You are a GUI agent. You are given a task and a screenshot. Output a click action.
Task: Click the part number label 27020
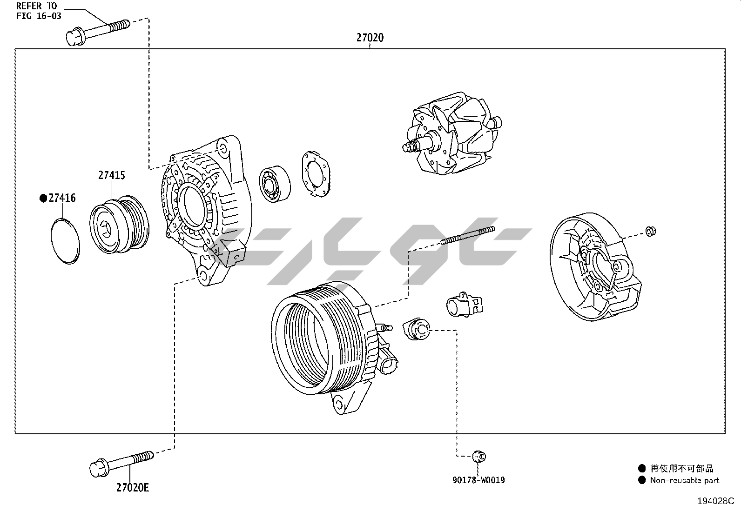pyautogui.click(x=370, y=38)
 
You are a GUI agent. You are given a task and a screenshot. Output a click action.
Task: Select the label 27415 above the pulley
pyautogui.click(x=111, y=175)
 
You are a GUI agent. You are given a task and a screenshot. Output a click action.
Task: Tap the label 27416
pyautogui.click(x=62, y=198)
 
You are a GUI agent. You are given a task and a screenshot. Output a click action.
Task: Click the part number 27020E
pyautogui.click(x=133, y=487)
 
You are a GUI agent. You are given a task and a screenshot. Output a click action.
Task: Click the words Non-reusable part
pyautogui.click(x=684, y=480)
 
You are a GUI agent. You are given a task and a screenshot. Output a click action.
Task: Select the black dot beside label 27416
pyautogui.click(x=43, y=199)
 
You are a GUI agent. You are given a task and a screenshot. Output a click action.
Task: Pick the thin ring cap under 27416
pyautogui.click(x=65, y=240)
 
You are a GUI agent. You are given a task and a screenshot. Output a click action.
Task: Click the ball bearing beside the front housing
pyautogui.click(x=275, y=183)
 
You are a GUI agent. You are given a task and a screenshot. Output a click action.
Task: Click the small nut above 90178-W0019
pyautogui.click(x=478, y=456)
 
